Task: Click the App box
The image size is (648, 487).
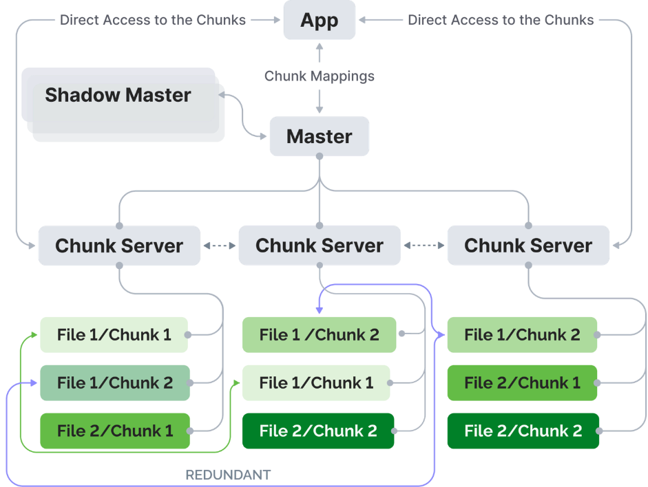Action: (320, 20)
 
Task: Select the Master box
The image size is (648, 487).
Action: (319, 136)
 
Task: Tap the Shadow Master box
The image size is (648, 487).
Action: (118, 95)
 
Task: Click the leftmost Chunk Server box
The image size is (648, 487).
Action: (119, 246)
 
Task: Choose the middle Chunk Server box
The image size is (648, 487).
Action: (320, 246)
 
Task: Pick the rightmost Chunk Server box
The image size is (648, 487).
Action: (528, 246)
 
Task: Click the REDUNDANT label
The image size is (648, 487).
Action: (228, 475)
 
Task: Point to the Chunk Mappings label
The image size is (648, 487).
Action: (319, 76)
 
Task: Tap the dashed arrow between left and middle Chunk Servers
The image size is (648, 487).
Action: (219, 245)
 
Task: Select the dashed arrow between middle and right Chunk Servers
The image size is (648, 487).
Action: (424, 245)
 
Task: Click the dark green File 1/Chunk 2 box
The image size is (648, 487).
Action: (114, 383)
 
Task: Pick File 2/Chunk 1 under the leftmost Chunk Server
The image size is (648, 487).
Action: (114, 431)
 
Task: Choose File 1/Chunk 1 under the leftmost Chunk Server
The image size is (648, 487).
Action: (114, 335)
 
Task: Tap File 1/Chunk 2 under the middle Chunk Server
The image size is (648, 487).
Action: (319, 335)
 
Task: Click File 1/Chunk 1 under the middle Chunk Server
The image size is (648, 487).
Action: (316, 383)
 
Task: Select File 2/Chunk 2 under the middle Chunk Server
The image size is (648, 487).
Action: (318, 431)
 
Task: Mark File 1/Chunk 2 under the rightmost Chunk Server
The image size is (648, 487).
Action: (522, 335)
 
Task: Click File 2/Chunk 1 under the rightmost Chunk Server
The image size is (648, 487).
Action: (522, 383)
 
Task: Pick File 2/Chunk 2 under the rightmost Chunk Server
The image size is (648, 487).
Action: (523, 431)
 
